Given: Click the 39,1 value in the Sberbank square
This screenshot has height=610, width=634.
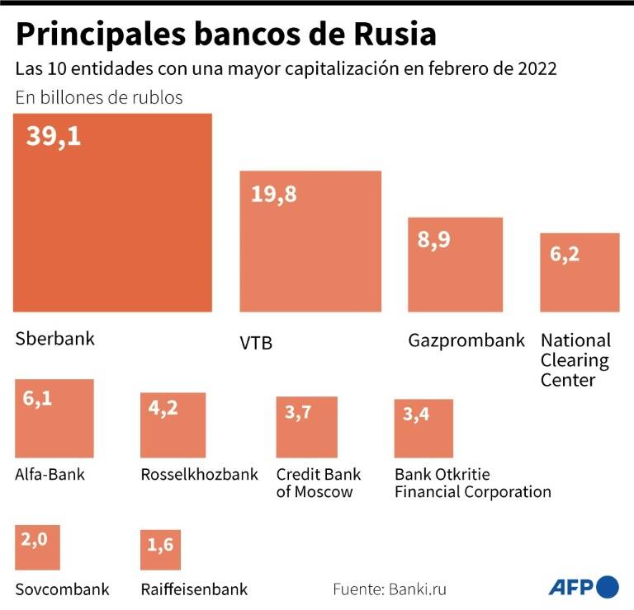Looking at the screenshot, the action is (54, 137).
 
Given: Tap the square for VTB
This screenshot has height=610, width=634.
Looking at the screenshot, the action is (310, 241).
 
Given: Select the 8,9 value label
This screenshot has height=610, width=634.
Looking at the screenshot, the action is (434, 240).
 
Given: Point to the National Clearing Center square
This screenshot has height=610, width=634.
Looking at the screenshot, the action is (580, 273).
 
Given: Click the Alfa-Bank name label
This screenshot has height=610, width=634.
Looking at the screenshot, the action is (50, 474).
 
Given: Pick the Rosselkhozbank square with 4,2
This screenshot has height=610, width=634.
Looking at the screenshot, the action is (173, 425).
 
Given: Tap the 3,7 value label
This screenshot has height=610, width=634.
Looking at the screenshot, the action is (298, 413).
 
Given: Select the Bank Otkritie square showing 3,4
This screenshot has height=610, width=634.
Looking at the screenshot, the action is (423, 429).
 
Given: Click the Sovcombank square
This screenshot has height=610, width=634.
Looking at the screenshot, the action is (38, 547).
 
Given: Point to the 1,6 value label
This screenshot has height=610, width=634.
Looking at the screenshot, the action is (160, 545).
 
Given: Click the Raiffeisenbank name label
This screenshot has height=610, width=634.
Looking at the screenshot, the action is (194, 589).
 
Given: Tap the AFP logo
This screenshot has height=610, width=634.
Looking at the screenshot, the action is (584, 588).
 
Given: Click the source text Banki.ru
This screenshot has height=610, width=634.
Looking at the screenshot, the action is (418, 589).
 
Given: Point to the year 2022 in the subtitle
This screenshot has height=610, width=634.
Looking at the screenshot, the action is (537, 68).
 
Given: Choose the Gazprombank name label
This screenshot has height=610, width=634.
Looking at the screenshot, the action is (466, 340).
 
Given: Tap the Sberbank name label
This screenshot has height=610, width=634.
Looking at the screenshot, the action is (55, 338).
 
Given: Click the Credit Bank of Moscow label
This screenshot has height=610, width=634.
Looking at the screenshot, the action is (319, 483).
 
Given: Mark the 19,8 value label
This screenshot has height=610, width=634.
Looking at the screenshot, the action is (274, 195).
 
